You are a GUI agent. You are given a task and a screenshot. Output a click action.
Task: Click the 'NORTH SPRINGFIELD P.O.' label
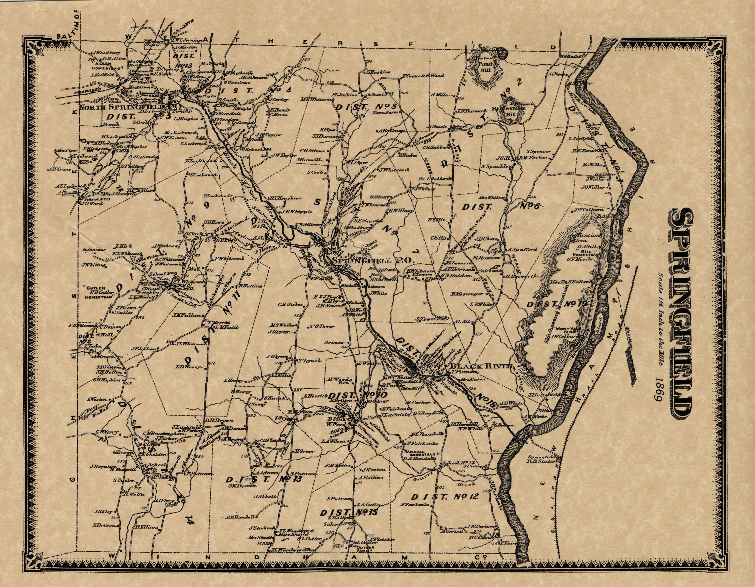coord(128,107)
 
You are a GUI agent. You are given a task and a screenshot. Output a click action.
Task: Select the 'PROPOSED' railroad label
coord(88,91)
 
